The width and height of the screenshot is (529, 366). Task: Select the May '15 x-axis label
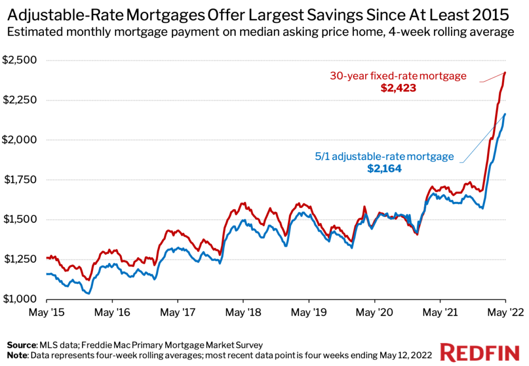point(46,313)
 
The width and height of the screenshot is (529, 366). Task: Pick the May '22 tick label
point(505,313)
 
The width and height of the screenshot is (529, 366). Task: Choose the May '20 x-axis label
point(374,313)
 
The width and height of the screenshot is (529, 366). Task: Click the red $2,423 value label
point(398,88)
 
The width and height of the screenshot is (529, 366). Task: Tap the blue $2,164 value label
point(384,168)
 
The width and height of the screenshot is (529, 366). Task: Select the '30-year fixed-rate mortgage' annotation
point(398,76)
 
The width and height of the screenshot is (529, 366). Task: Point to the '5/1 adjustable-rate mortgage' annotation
point(384,156)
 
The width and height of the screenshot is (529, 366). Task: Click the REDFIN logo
point(479,353)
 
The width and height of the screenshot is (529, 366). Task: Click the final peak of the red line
point(505,72)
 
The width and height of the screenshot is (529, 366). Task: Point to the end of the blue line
point(505,114)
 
